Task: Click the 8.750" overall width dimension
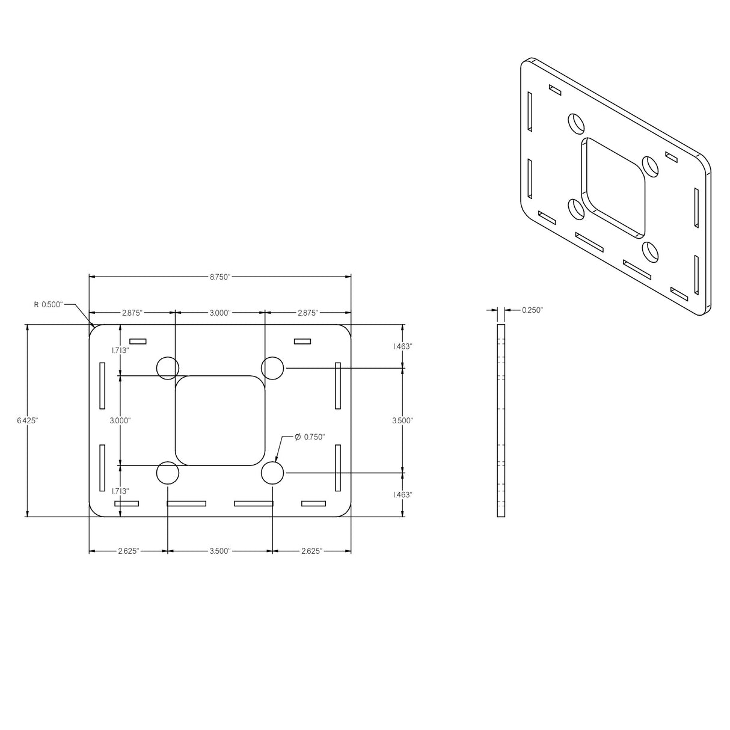219,277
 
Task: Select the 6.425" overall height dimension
27,421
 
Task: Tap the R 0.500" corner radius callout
48,305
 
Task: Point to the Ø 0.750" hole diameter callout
310,437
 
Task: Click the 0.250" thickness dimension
532,310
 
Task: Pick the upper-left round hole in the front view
168,368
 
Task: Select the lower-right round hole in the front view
272,473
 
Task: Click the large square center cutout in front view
220,420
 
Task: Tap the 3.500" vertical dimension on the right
402,421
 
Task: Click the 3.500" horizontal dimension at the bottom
219,551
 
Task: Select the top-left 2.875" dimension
132,313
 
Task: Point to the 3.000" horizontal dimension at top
219,313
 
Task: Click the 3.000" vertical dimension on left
120,421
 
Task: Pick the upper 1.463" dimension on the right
402,346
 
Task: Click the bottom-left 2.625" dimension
128,551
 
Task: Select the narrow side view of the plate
501,420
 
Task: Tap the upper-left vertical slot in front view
102,385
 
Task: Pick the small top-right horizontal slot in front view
302,342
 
